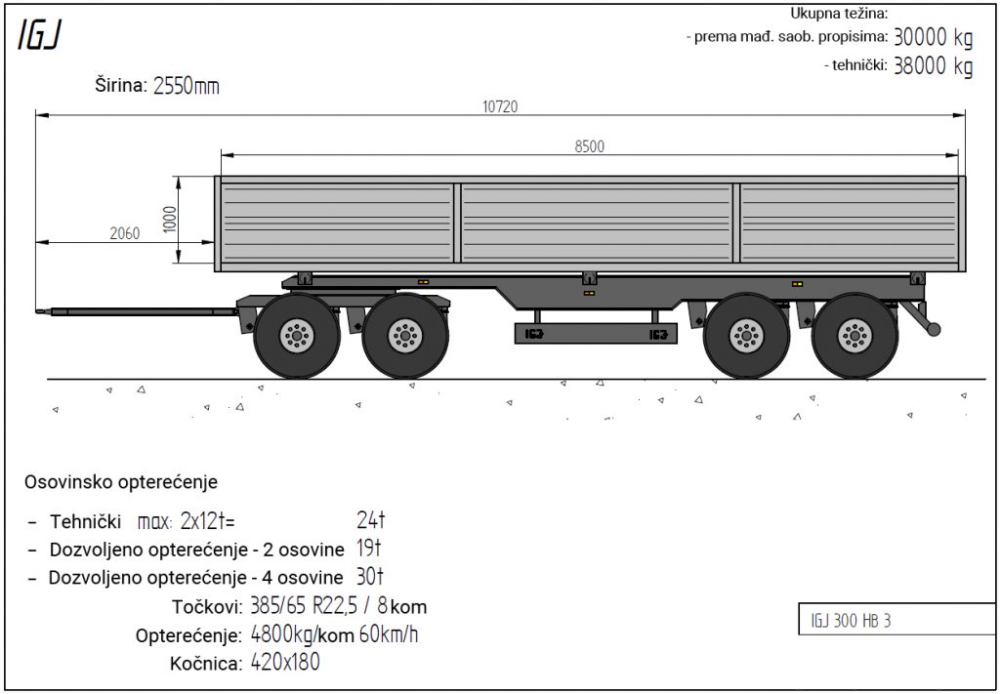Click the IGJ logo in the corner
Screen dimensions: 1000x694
(x=39, y=35)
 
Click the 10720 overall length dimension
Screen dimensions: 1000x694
(x=500, y=106)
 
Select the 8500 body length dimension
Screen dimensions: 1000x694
(x=589, y=146)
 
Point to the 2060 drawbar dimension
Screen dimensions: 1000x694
(x=124, y=234)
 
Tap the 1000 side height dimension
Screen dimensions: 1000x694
(x=170, y=220)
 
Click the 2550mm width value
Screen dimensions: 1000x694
(x=187, y=86)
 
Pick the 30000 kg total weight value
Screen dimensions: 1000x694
(x=933, y=38)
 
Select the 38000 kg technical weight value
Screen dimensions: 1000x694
(x=933, y=65)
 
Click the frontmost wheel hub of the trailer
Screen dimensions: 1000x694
(x=297, y=335)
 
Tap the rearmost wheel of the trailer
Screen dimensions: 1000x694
(x=854, y=335)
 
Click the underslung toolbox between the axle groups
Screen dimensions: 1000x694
(x=596, y=333)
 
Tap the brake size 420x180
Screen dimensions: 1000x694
(x=285, y=663)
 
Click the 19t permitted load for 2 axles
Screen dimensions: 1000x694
(x=368, y=548)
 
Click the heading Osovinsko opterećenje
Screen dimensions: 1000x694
(x=121, y=482)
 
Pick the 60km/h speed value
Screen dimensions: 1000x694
(x=389, y=634)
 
